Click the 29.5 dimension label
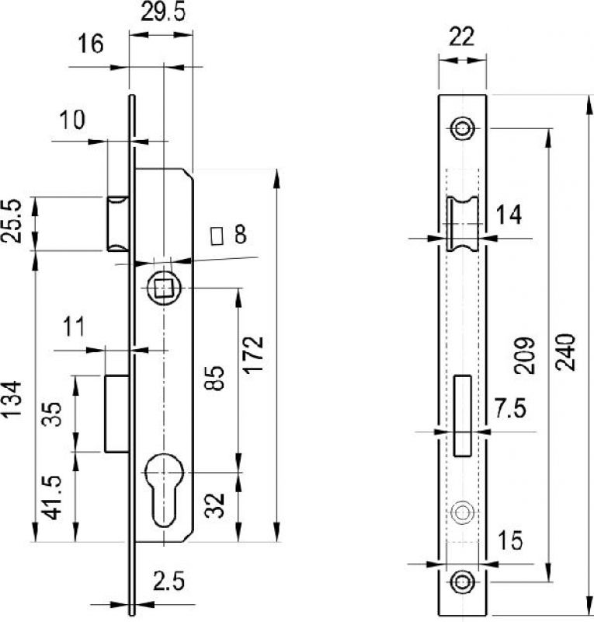[x=163, y=12]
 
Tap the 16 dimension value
[x=90, y=44]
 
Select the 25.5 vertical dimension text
[x=11, y=221]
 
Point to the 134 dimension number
[x=11, y=398]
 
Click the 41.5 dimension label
[x=53, y=498]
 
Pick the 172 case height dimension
[x=253, y=355]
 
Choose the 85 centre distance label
[x=216, y=378]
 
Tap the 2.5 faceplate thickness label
[x=168, y=582]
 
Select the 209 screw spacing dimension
[x=525, y=356]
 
